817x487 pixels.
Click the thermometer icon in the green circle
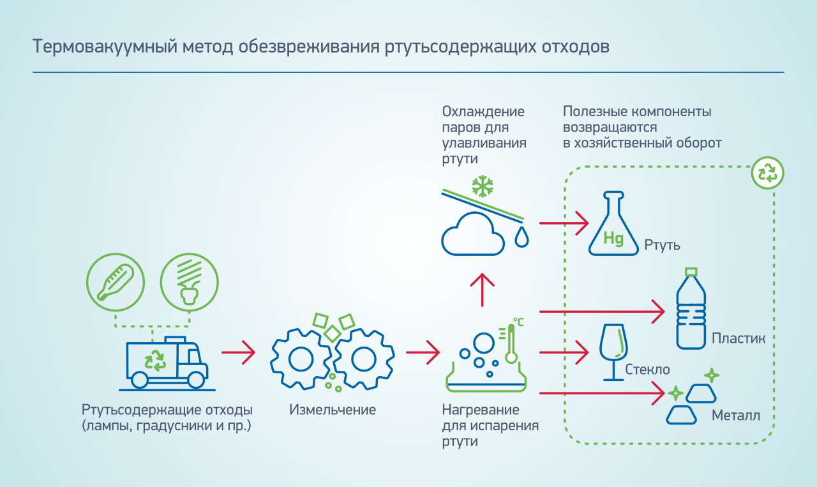point(116,281)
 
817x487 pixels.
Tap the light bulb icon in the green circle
point(189,281)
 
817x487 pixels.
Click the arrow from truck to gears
point(238,352)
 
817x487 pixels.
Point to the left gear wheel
point(299,359)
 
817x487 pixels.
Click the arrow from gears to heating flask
point(423,352)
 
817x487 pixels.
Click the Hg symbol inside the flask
point(613,239)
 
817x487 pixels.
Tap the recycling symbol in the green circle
point(767,172)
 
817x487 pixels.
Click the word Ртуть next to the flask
point(663,245)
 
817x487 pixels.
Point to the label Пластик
point(738,339)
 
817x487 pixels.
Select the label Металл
point(736,417)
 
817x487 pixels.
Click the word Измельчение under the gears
point(333,410)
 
